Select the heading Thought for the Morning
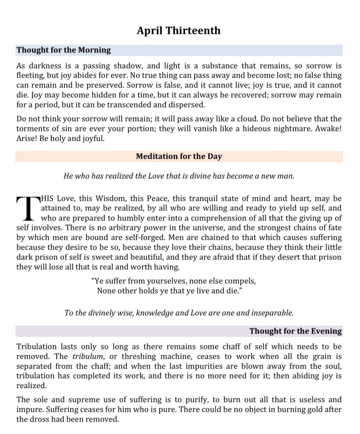(64, 50)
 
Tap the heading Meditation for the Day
(179, 156)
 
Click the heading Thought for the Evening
(295, 331)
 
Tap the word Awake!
(328, 129)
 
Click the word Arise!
(27, 139)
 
